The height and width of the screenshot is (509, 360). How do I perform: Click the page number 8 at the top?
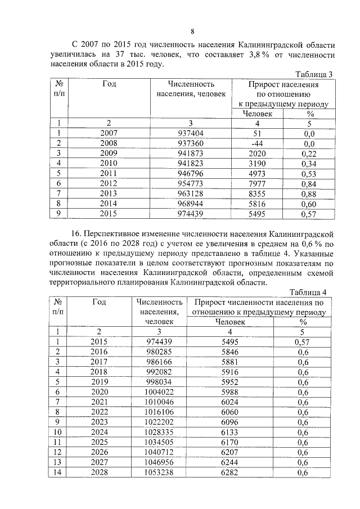click(192, 31)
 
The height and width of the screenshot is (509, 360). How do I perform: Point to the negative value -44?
click(258, 143)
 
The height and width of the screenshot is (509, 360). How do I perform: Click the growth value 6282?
click(230, 472)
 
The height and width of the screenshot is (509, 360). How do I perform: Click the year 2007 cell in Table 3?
click(109, 133)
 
